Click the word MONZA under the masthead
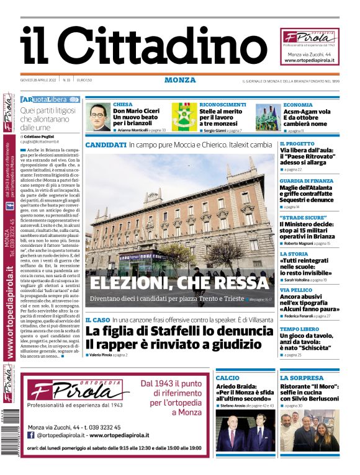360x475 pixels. coord(180,80)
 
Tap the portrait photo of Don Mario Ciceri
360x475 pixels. coord(99,118)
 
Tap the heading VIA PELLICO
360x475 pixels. coord(296,290)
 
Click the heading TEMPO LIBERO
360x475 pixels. coord(299,329)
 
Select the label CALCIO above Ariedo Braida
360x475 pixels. coord(227,378)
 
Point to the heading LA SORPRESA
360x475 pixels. coord(302,378)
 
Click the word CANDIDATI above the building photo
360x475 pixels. coord(106,144)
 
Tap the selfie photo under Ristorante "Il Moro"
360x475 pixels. coord(309,430)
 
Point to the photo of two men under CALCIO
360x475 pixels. coord(244,432)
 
